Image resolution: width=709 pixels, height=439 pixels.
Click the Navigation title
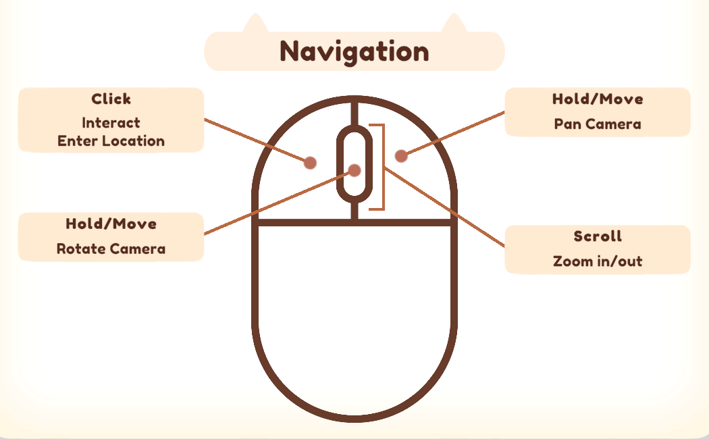coord(354,51)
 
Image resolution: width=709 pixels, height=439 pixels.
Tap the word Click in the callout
coord(111,99)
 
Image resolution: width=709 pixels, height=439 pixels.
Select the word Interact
coord(111,123)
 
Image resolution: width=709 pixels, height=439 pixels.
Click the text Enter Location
coord(111,141)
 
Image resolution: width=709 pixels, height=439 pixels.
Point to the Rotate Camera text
coord(111,249)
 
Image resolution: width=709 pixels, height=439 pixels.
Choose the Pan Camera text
coord(598,124)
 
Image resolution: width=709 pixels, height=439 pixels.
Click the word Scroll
coord(598,236)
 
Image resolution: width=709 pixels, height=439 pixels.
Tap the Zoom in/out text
coord(598,261)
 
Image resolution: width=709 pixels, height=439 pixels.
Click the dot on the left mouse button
coord(310,162)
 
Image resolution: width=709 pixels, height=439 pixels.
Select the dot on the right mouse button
coord(401,156)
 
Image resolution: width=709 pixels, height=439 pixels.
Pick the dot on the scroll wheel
coord(354,170)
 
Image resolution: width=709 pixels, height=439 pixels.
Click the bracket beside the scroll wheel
coord(382,167)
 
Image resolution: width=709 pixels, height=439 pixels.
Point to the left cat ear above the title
coord(255,24)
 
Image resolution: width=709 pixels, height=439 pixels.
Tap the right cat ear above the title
coord(453,24)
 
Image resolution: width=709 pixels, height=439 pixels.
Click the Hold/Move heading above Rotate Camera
coord(111,224)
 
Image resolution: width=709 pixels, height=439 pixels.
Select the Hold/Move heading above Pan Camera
coord(598,99)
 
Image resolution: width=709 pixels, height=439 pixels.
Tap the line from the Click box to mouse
coord(257,140)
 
